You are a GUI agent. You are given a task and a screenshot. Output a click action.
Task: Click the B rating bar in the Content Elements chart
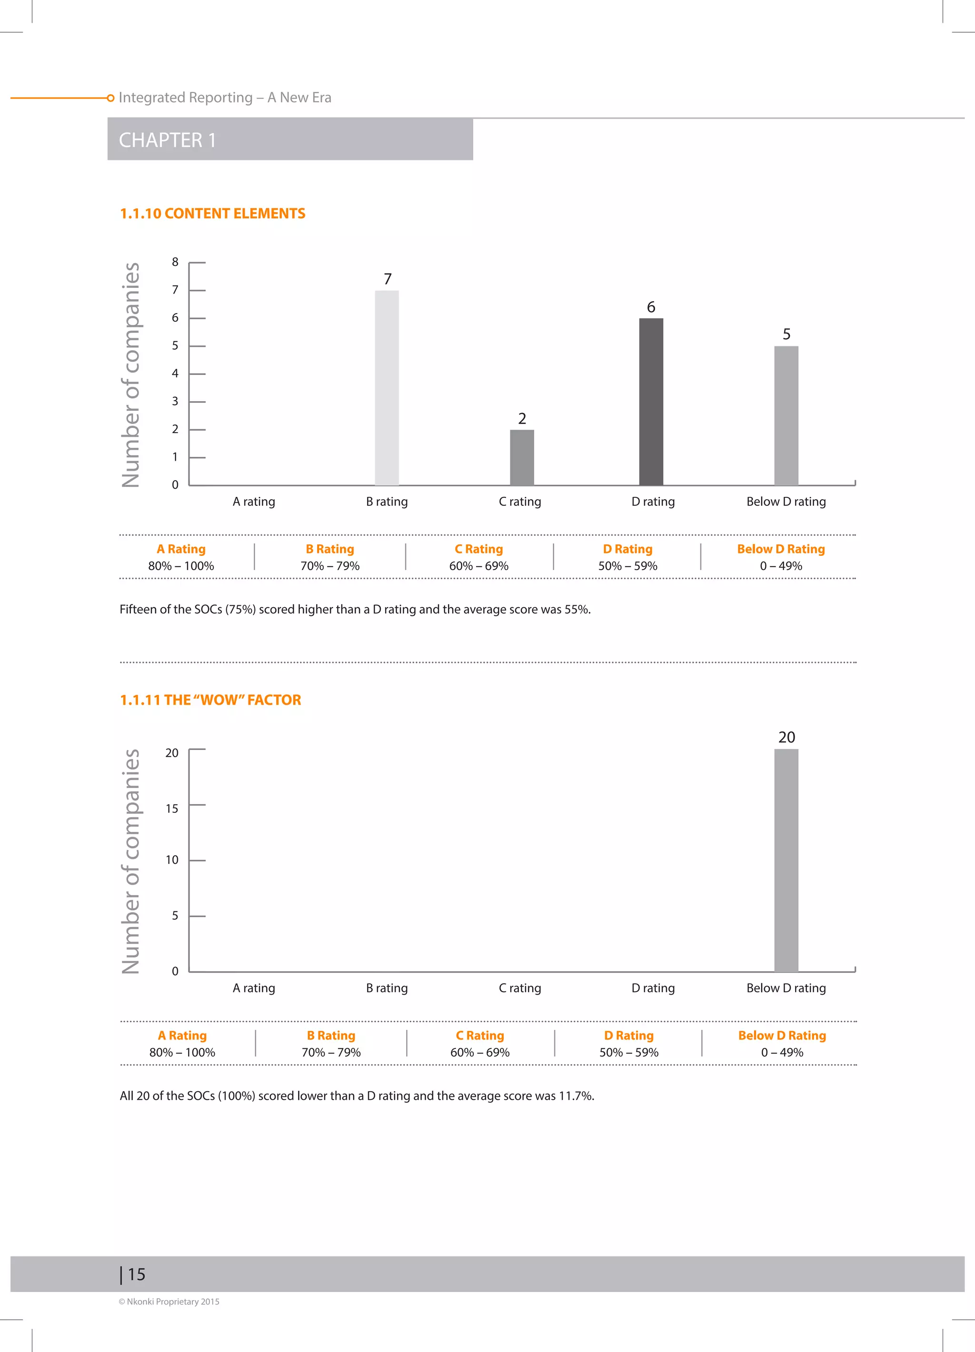pos(387,387)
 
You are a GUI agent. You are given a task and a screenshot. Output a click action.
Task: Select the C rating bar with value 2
pos(522,457)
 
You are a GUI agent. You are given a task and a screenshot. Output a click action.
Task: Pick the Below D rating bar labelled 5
pos(786,415)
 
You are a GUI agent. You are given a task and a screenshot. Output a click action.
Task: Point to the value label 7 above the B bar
pos(388,279)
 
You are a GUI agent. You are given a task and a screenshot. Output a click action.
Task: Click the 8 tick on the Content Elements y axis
pos(175,262)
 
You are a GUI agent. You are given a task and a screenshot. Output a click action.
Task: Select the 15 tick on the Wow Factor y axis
pos(172,809)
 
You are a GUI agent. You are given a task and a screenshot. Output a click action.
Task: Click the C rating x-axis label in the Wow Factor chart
pos(520,988)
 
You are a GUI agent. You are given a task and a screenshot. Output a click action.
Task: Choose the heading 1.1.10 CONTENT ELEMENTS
pos(212,213)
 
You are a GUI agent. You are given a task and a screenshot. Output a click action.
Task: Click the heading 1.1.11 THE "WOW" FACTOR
pos(210,700)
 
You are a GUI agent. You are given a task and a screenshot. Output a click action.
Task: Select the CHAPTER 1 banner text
pos(167,140)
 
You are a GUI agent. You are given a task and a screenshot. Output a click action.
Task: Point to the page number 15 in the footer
pos(136,1274)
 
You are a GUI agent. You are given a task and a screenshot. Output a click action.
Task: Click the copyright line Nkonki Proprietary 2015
pos(169,1302)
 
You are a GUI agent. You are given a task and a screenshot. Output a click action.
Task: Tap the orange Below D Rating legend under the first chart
pos(781,549)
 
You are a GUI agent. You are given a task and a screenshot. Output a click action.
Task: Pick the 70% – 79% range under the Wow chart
pos(331,1052)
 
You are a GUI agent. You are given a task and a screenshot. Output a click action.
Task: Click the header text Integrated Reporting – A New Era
pos(225,97)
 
